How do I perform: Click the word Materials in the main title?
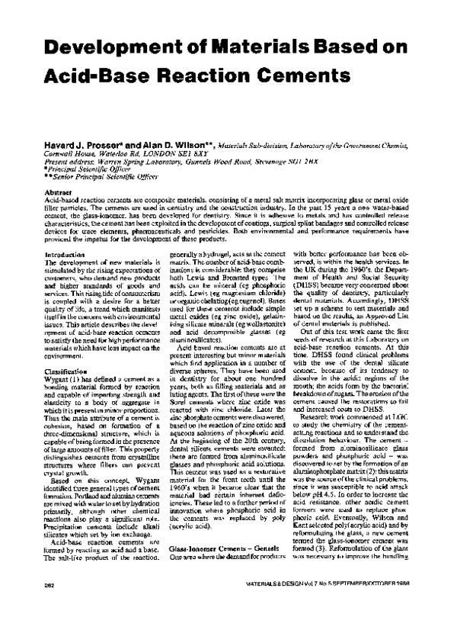(x=239, y=47)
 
